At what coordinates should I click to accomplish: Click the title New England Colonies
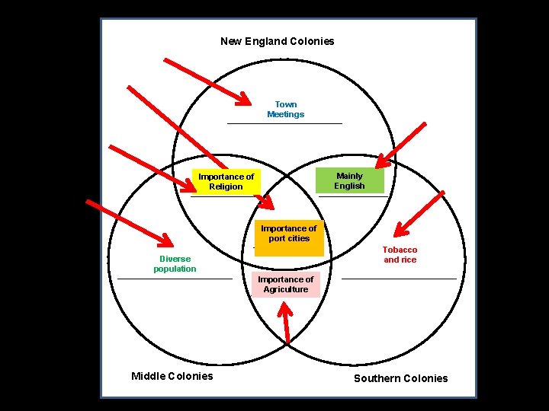(x=277, y=41)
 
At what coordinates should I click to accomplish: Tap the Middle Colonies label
(x=172, y=376)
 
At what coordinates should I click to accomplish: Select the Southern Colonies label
(x=401, y=378)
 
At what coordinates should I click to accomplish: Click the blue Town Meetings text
(x=285, y=110)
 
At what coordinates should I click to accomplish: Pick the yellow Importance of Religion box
(x=226, y=182)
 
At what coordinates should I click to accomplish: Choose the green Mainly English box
(x=349, y=181)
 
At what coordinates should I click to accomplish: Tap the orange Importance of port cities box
(x=288, y=234)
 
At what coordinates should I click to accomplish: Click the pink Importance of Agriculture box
(x=286, y=285)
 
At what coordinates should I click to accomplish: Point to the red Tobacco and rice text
(x=400, y=255)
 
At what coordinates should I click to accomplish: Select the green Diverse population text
(x=175, y=264)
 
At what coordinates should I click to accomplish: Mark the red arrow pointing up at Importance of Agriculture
(x=287, y=323)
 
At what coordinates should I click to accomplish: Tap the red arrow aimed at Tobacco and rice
(x=419, y=213)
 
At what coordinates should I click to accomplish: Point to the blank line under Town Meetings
(x=284, y=123)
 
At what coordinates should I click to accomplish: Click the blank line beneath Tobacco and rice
(x=399, y=279)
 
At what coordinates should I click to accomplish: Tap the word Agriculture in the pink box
(x=286, y=290)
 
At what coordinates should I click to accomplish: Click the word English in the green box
(x=349, y=186)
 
